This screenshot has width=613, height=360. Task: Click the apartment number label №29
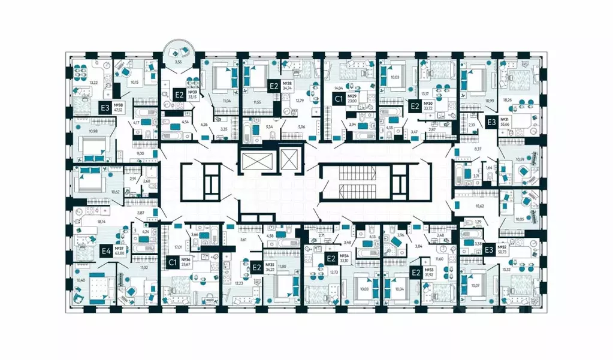click(354, 96)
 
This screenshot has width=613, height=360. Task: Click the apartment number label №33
click(429, 270)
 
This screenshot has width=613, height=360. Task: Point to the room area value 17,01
click(177, 246)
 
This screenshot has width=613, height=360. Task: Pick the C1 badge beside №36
click(173, 262)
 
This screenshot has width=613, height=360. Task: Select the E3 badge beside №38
click(105, 108)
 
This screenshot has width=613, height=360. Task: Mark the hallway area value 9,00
click(140, 154)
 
